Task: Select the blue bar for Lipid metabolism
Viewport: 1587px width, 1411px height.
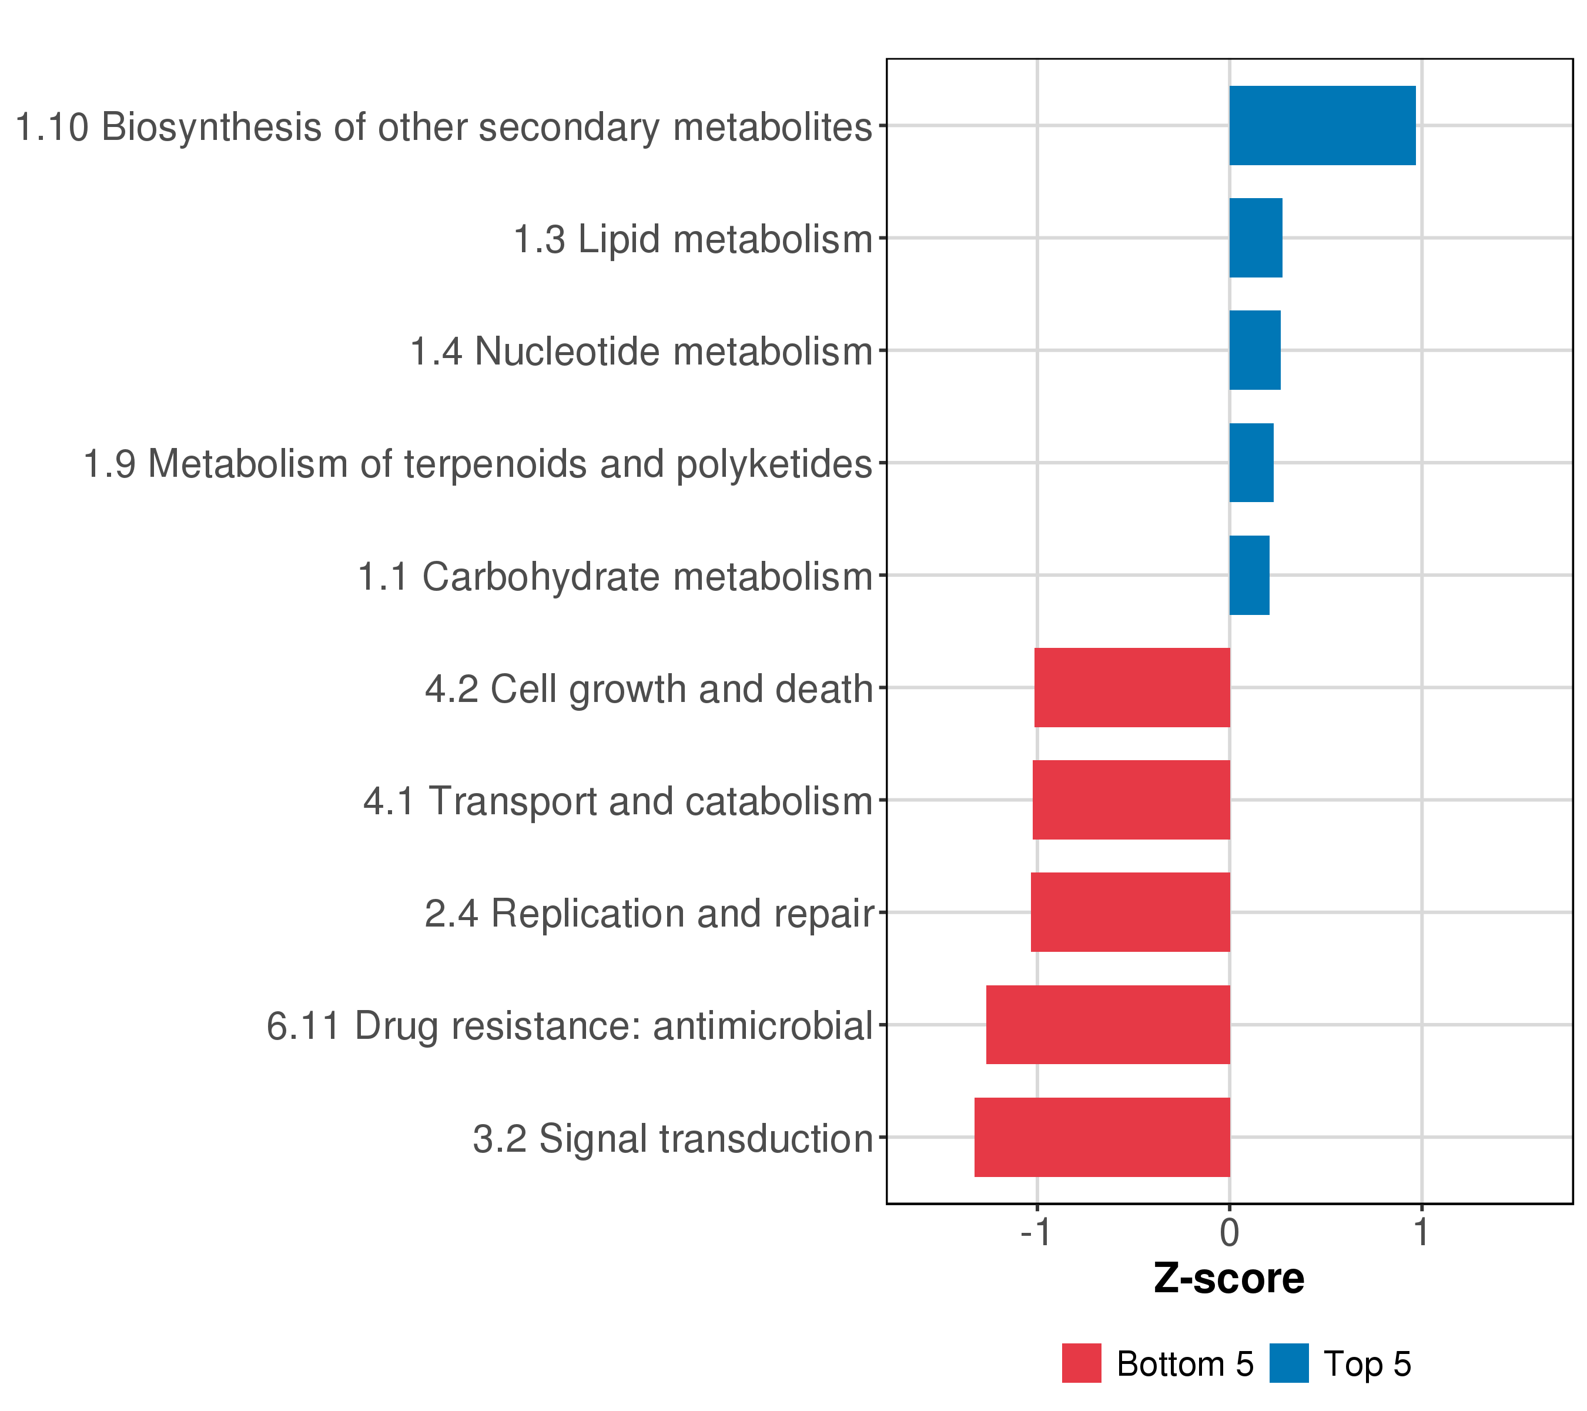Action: click(1255, 238)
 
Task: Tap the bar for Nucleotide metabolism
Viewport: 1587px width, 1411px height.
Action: click(1255, 350)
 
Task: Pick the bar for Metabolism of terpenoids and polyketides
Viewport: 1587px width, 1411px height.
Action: click(1251, 463)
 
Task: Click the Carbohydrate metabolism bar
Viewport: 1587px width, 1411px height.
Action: click(1248, 576)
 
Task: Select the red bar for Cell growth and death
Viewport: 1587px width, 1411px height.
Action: click(1132, 687)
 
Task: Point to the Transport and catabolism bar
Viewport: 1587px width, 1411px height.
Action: click(1131, 800)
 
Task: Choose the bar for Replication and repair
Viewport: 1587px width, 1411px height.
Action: click(1130, 912)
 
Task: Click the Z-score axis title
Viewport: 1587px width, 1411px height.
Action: click(1229, 1279)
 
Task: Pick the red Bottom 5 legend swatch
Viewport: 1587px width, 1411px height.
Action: click(1082, 1363)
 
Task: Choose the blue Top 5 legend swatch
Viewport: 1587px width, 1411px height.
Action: click(1289, 1363)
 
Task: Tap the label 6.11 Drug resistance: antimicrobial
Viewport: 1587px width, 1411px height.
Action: click(570, 1026)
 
